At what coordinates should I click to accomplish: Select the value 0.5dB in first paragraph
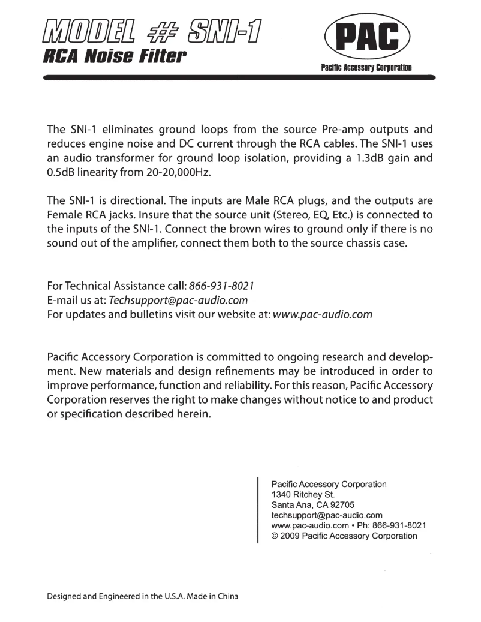coord(62,175)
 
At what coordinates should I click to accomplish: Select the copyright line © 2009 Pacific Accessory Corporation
coord(344,536)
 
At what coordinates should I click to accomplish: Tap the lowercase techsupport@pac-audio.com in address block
coord(327,515)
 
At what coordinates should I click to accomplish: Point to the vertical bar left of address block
coord(258,509)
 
